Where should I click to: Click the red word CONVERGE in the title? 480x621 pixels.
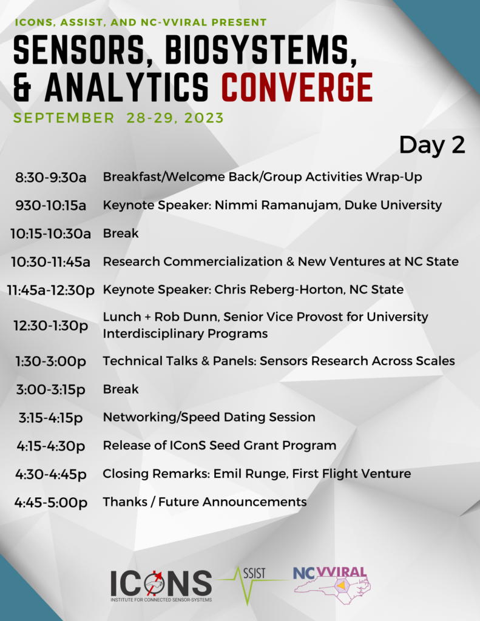coord(297,87)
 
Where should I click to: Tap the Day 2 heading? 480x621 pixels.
coord(431,145)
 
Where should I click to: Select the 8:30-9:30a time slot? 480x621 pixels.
coord(51,177)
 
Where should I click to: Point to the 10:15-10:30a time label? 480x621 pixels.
coord(51,233)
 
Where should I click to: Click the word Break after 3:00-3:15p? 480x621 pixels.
coord(121,389)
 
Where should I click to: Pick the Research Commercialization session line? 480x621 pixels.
coord(280,261)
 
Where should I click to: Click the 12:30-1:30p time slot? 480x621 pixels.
coord(51,326)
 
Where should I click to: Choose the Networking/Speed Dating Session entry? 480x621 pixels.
coord(209,417)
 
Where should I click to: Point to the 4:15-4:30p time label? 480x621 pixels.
coord(51,446)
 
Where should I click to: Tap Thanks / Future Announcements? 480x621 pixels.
coord(205,502)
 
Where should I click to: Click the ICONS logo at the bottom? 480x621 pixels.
coord(161,585)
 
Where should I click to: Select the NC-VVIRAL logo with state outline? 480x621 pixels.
coord(332,585)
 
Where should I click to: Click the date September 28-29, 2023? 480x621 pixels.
coord(118,118)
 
